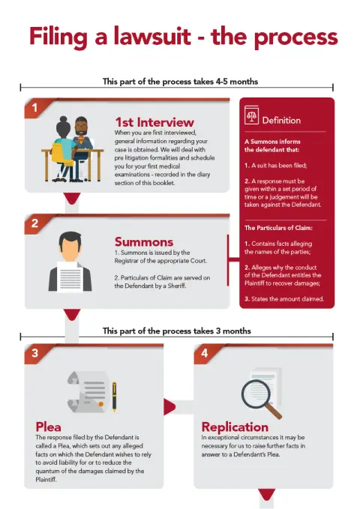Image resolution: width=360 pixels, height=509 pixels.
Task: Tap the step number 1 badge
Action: (34, 107)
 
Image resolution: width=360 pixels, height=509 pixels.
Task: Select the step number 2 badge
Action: (34, 223)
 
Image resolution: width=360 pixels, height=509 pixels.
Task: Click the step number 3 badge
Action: (34, 353)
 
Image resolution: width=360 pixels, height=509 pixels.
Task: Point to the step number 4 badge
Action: (204, 353)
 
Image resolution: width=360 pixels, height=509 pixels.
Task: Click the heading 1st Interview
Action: (154, 122)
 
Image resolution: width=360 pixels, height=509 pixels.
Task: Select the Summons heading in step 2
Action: (144, 242)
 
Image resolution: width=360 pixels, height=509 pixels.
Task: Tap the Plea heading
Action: (49, 427)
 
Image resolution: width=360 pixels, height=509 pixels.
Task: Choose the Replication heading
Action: (235, 427)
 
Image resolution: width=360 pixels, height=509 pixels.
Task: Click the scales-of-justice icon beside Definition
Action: (251, 115)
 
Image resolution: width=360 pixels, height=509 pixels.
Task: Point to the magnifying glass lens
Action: (256, 394)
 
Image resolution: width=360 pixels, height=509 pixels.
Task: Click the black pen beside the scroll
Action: (114, 397)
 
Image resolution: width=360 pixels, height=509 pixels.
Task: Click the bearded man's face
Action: (81, 128)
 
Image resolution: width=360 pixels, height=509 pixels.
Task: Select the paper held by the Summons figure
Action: (70, 277)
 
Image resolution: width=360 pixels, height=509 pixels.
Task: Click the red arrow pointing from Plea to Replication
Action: (169, 407)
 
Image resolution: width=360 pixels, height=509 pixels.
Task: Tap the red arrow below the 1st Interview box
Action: (72, 199)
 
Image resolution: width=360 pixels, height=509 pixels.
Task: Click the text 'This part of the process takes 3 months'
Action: (177, 331)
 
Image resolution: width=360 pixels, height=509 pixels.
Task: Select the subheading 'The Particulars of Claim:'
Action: (278, 228)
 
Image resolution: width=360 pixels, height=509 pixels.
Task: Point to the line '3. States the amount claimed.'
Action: (284, 299)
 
